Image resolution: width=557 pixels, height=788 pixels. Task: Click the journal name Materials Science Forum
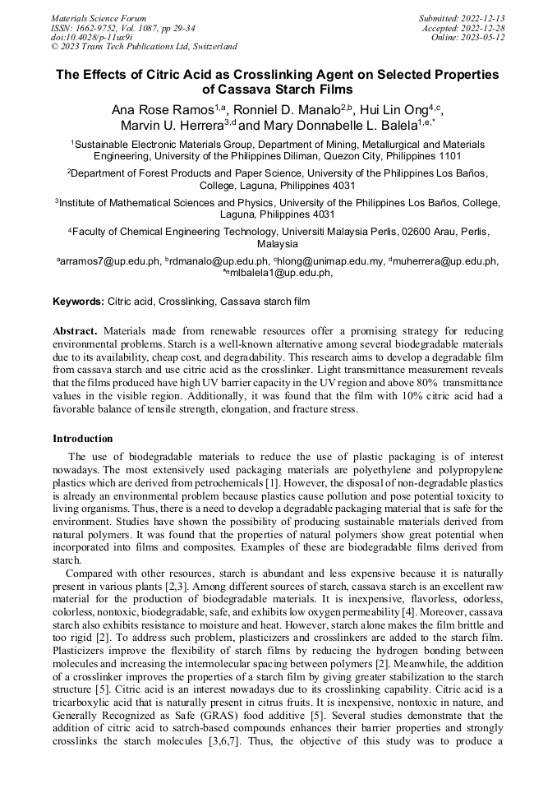[x=99, y=17]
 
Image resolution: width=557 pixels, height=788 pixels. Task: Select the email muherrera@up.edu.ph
[x=448, y=261]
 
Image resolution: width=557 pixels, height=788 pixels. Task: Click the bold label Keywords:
[x=78, y=302]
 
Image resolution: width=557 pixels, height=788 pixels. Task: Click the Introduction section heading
[x=83, y=439]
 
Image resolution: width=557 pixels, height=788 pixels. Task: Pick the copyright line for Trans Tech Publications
[x=144, y=47]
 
